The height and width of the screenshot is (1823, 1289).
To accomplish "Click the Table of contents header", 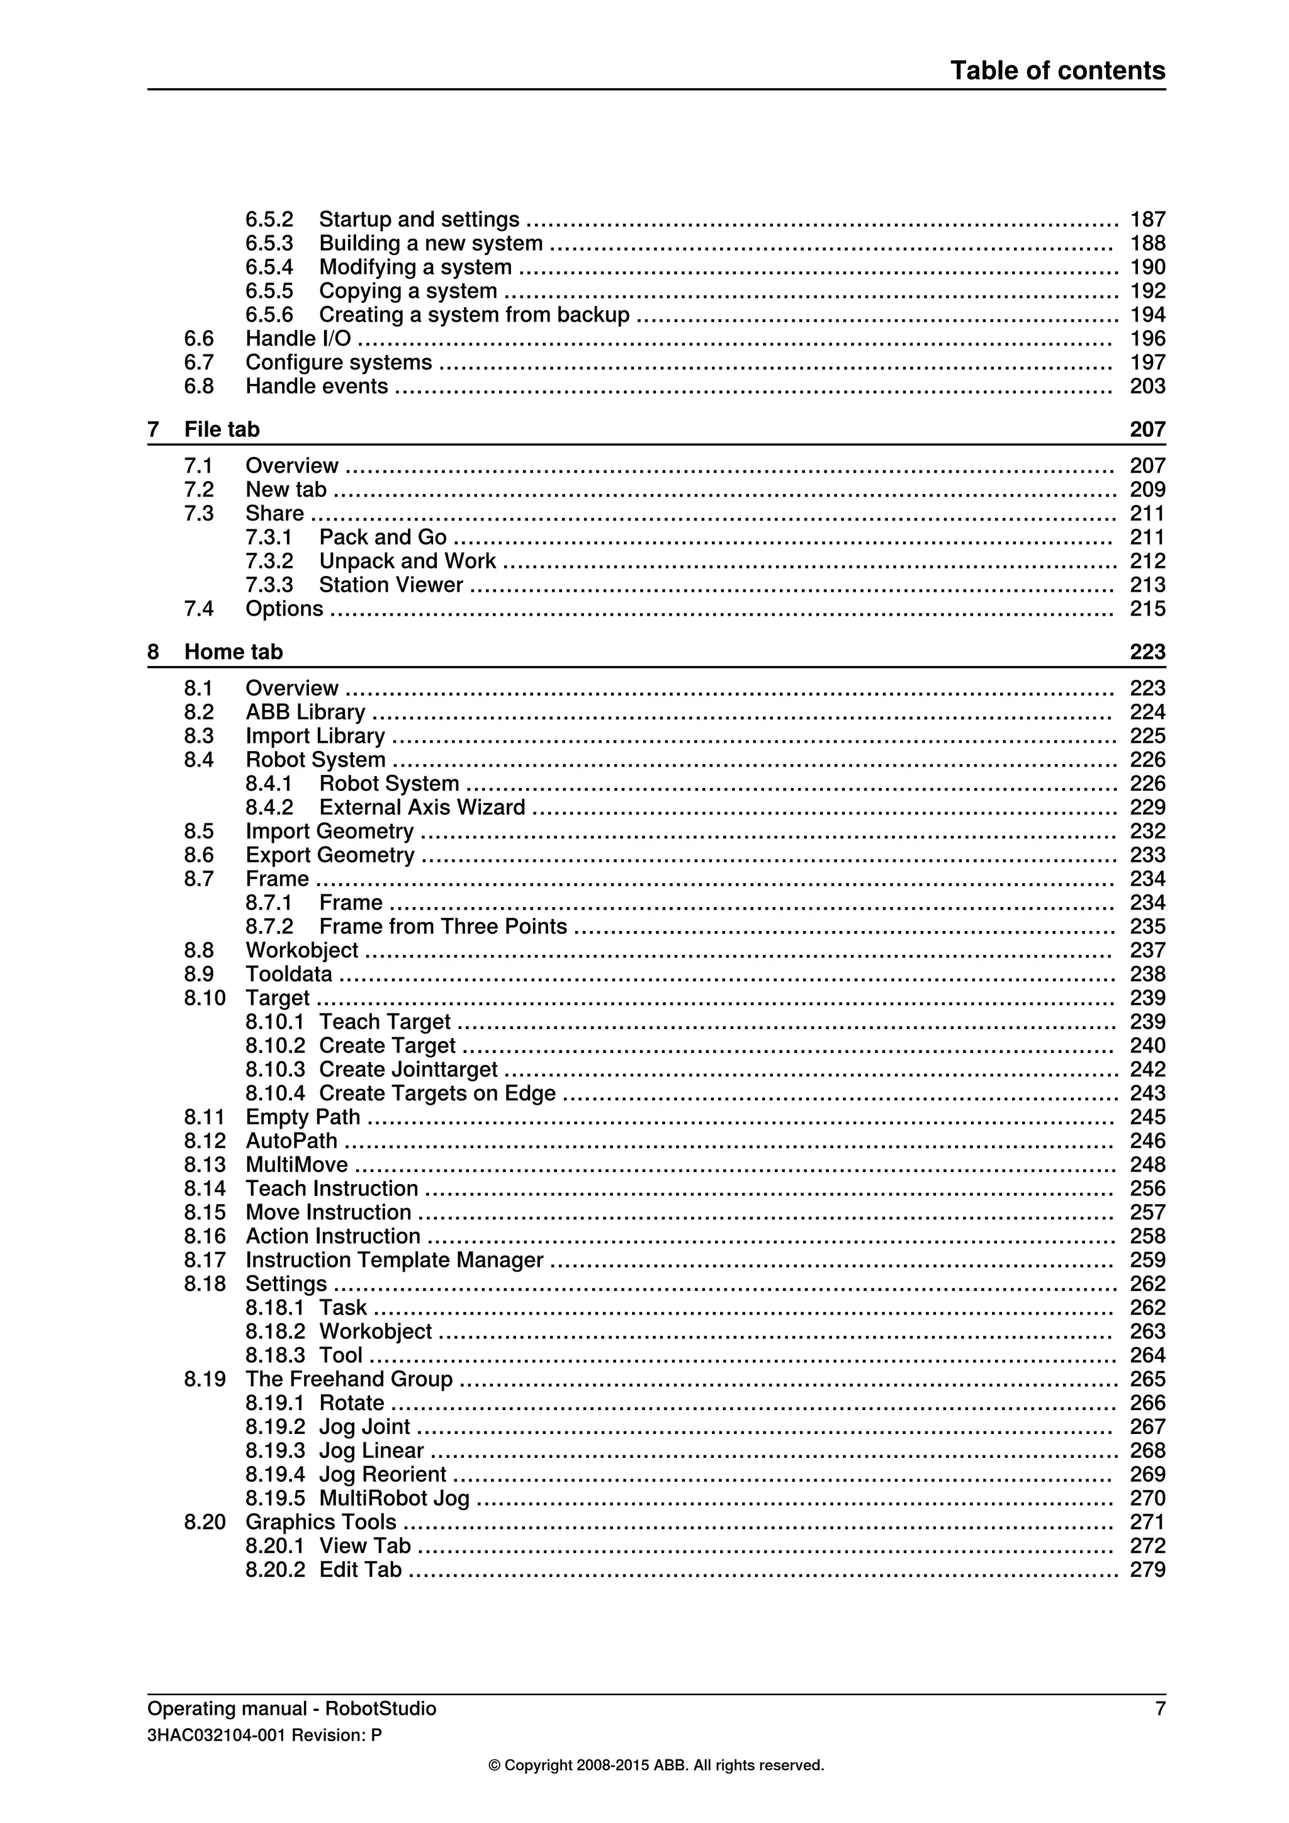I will (x=1057, y=71).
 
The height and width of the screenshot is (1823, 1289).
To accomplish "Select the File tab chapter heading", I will (x=222, y=429).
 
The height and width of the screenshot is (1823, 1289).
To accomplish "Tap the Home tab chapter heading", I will (x=234, y=652).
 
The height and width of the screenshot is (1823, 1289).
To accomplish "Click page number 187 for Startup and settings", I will (x=1147, y=219).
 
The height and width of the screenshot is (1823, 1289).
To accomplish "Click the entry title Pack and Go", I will (x=383, y=538).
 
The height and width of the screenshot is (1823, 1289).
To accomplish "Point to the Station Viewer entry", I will (x=390, y=585).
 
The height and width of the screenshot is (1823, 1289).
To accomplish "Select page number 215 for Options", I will (x=1147, y=609).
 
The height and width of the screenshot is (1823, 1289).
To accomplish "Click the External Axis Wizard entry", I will (x=422, y=808).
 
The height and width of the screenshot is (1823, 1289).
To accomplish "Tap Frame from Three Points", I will (x=443, y=927).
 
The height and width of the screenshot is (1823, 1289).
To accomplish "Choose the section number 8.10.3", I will (x=274, y=1070).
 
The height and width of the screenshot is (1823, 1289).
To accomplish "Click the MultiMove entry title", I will (x=296, y=1165).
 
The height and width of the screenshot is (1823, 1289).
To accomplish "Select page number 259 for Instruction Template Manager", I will (x=1147, y=1260).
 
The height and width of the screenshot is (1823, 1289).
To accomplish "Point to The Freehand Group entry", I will (x=349, y=1379).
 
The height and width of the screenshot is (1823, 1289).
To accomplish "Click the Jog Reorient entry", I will (x=383, y=1474).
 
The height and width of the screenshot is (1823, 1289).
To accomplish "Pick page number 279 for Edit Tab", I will (x=1147, y=1570).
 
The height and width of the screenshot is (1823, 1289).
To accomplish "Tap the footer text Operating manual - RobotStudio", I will (x=291, y=1708).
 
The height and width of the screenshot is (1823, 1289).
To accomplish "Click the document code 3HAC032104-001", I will (x=217, y=1735).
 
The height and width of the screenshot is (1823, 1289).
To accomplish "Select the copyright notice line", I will (x=656, y=1766).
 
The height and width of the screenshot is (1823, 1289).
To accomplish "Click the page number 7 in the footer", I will (x=1159, y=1708).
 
